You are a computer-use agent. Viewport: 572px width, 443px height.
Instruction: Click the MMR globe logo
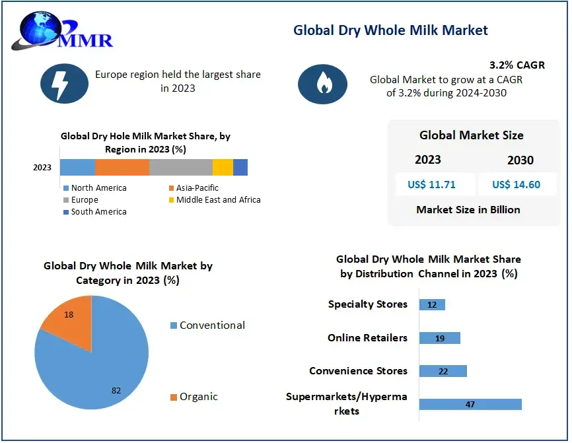pos(62,31)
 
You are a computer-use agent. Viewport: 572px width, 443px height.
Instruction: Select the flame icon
pos(322,84)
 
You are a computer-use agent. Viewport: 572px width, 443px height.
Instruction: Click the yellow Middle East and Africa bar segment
pos(223,167)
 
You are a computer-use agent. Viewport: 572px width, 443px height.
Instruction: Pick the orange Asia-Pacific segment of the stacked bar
pos(122,167)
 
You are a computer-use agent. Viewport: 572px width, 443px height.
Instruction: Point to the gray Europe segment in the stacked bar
pos(181,167)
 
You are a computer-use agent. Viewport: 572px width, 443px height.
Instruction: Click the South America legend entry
pos(95,212)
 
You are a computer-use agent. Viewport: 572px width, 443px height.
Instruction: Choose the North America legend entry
pos(95,188)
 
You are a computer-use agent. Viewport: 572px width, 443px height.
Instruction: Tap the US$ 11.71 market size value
pos(431,184)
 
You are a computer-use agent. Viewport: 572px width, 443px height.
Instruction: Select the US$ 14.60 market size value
pos(516,184)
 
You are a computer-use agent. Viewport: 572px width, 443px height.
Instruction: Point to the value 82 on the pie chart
pos(116,390)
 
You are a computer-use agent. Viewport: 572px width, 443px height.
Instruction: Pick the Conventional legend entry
pos(207,325)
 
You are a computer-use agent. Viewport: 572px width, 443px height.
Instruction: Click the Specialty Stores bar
pos(432,304)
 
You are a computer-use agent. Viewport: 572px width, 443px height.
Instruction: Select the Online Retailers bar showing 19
pos(440,338)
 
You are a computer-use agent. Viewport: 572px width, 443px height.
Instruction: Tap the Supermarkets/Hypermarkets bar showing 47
pos(470,404)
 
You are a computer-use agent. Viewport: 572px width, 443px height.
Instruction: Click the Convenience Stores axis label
pos(358,371)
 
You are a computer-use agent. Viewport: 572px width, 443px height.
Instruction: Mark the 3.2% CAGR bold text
pos(517,65)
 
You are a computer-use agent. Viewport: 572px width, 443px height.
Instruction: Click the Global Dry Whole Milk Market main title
pos(391,30)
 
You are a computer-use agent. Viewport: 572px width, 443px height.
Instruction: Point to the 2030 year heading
pos(520,160)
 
